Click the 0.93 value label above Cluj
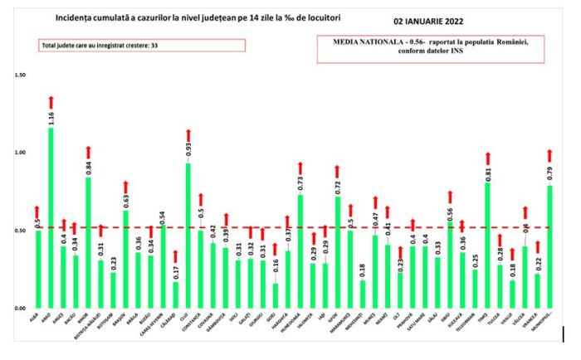[188, 150]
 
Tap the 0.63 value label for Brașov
[125, 200]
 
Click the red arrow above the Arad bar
[51, 101]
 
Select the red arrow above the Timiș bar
[488, 157]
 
